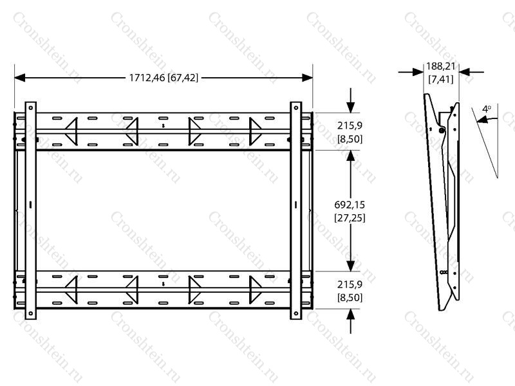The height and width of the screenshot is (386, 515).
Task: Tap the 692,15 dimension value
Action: (x=350, y=205)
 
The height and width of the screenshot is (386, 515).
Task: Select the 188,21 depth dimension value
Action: (x=441, y=66)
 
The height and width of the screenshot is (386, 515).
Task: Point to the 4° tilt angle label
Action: (x=487, y=109)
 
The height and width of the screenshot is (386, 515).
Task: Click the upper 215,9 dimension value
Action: (x=350, y=125)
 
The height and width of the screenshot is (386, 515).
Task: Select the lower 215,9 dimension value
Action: (x=350, y=284)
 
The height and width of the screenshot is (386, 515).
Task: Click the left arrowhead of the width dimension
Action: (x=20, y=78)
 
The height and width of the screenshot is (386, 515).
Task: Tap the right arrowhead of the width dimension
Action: (x=308, y=78)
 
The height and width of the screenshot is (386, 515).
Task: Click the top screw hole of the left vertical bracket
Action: (x=30, y=107)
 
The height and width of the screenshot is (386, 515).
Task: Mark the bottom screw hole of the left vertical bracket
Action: (x=30, y=313)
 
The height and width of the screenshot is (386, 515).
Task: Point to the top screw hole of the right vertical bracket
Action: (x=295, y=107)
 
